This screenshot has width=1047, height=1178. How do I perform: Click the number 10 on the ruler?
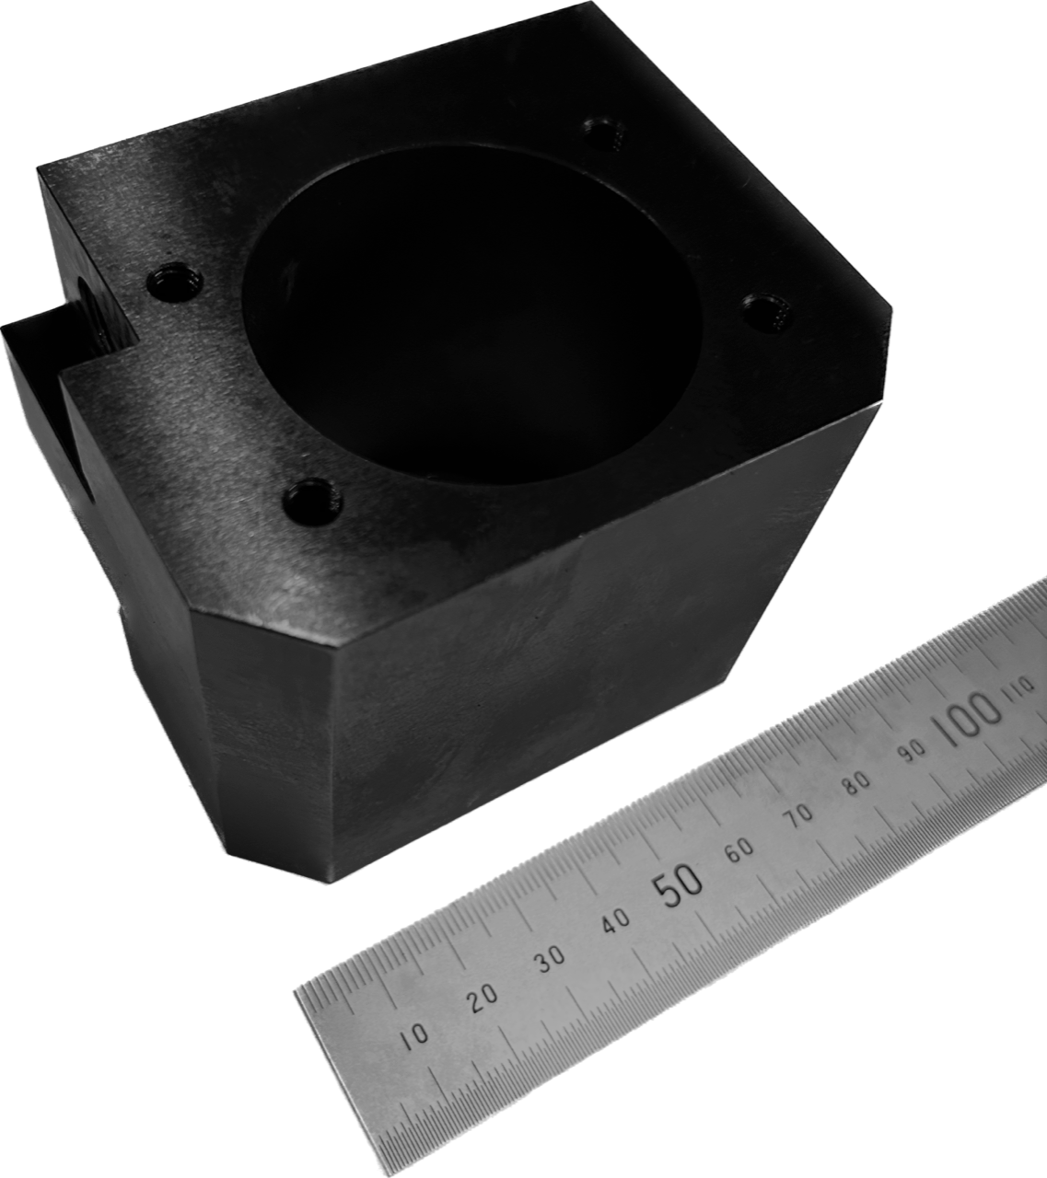(x=414, y=1036)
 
